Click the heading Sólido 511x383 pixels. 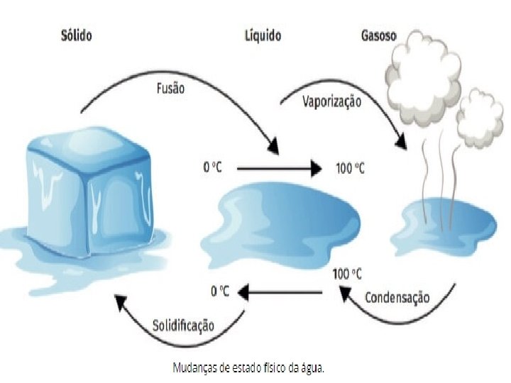tap(77, 34)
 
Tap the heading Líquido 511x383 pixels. tap(262, 34)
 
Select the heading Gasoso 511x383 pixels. tap(360, 34)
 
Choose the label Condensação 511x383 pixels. tap(397, 296)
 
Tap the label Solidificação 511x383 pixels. tap(183, 326)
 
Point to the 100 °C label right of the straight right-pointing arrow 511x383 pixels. tap(350, 169)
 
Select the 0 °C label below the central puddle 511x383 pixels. tap(221, 290)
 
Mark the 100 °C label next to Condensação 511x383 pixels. tap(347, 273)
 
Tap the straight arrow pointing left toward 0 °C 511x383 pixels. tap(280, 290)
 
